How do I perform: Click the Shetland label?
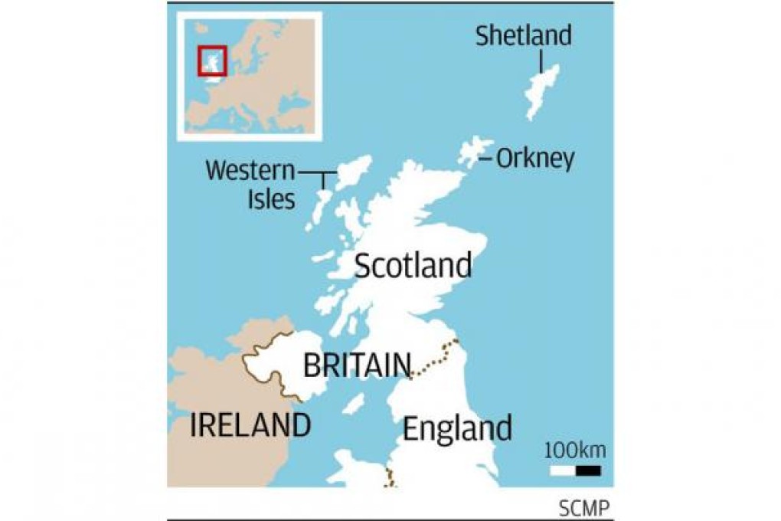pyautogui.click(x=523, y=35)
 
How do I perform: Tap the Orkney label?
pyautogui.click(x=534, y=159)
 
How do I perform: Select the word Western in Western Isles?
pyautogui.click(x=250, y=170)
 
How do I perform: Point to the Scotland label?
pyautogui.click(x=413, y=266)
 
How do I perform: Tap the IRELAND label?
pyautogui.click(x=250, y=424)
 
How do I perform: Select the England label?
pyautogui.click(x=457, y=428)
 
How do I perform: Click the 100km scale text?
pyautogui.click(x=574, y=449)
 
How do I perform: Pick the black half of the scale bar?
pyautogui.click(x=588, y=470)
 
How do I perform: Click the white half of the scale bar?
pyautogui.click(x=562, y=470)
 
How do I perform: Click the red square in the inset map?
pyautogui.click(x=211, y=61)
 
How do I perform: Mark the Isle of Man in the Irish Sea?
pyautogui.click(x=353, y=403)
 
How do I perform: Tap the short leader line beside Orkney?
pyautogui.click(x=485, y=159)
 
